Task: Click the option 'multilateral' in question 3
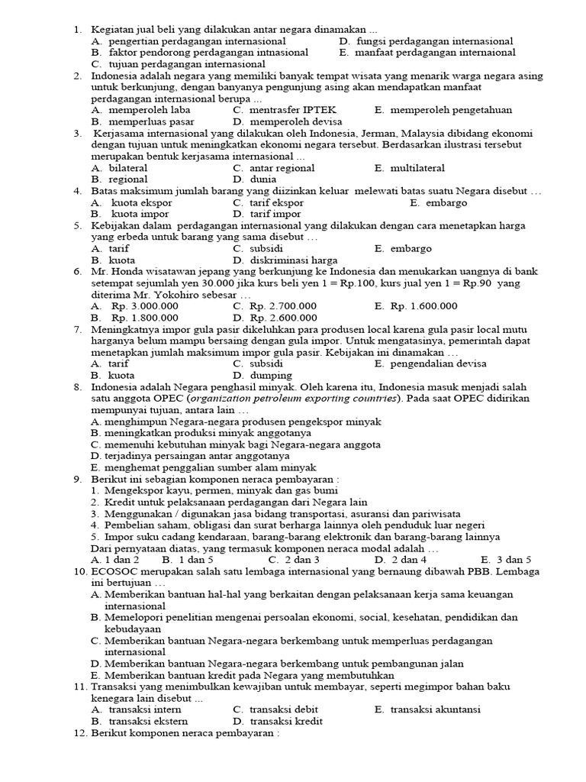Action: click(x=417, y=168)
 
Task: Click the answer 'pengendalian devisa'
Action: click(x=438, y=364)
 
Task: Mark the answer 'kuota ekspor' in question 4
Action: click(x=141, y=203)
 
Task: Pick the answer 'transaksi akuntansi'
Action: click(x=436, y=709)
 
